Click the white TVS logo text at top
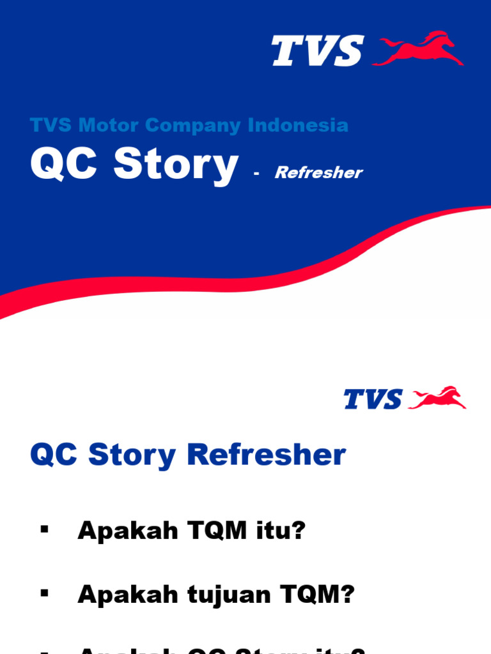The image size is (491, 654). point(318,50)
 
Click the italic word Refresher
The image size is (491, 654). point(318,172)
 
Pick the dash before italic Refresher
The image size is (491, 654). point(256,173)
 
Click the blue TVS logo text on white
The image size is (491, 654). point(373,399)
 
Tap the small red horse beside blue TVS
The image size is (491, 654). point(437,398)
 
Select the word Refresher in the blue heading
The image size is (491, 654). point(267,455)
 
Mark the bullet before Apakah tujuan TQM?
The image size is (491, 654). point(44,593)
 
